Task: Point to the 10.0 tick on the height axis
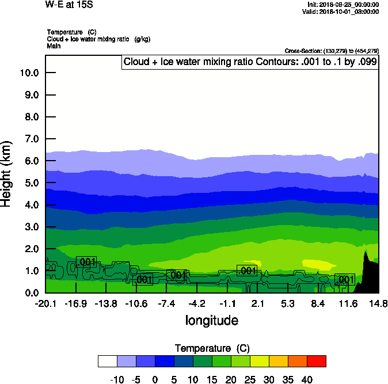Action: point(29,73)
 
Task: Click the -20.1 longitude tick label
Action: point(45,303)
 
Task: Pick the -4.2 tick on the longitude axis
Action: point(197,303)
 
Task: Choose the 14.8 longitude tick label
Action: point(378,303)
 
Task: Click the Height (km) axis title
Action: point(7,173)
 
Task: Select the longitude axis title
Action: point(211,320)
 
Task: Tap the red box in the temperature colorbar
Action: point(316,361)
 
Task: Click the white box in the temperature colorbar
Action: point(108,361)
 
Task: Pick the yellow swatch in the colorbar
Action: point(259,361)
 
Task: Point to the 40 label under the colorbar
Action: point(307,379)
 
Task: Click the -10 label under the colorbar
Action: point(117,379)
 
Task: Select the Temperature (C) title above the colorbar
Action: point(211,348)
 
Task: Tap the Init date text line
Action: point(343,4)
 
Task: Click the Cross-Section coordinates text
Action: point(332,51)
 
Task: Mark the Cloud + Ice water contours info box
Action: point(250,62)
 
